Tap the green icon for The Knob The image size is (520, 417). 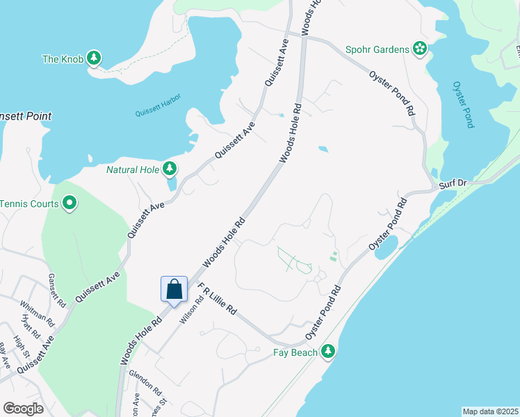pos(95,58)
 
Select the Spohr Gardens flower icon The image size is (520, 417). pos(420,49)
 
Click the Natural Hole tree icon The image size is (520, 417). pos(169,168)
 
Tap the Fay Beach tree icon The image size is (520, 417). pos(328,352)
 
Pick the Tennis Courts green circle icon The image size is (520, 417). pos(70,203)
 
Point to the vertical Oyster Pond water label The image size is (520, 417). pos(463,104)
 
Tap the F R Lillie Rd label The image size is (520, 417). pos(218,300)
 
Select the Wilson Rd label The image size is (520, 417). pos(187,310)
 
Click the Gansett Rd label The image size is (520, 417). pos(56,291)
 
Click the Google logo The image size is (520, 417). pos(23,409)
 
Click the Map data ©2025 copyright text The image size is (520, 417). pos(489,411)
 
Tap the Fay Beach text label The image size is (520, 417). pos(295,352)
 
